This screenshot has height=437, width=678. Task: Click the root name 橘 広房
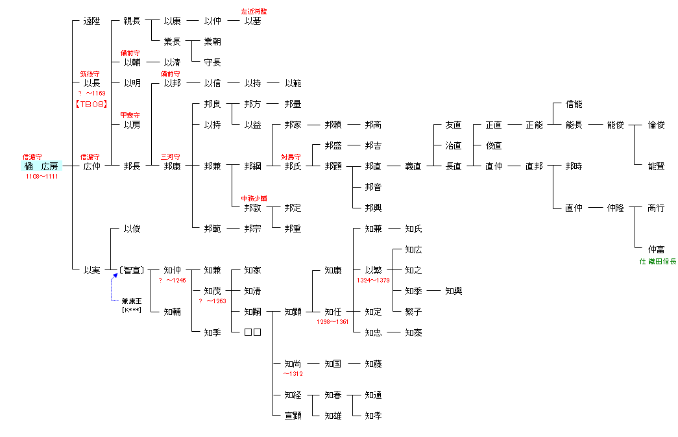click(42, 166)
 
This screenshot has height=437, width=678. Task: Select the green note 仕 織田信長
click(658, 261)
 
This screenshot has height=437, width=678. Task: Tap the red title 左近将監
click(253, 11)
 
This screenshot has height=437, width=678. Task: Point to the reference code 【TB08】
click(91, 104)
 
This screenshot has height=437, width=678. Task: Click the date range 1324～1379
click(373, 280)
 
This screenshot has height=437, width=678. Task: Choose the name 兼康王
click(132, 301)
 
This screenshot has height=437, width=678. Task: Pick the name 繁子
click(413, 312)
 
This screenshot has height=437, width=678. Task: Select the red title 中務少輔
click(253, 198)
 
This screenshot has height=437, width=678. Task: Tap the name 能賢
click(656, 166)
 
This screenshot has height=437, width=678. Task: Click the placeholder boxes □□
click(252, 332)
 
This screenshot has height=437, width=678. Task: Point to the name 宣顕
click(293, 416)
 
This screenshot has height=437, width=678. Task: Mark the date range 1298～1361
click(333, 321)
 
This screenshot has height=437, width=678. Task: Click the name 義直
click(413, 166)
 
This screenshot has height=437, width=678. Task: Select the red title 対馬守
click(292, 156)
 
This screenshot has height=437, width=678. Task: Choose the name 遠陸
click(91, 21)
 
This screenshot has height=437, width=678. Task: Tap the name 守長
click(212, 62)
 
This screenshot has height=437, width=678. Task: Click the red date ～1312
click(293, 373)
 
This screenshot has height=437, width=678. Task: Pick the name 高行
click(656, 208)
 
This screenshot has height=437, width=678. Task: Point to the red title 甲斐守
click(131, 115)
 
